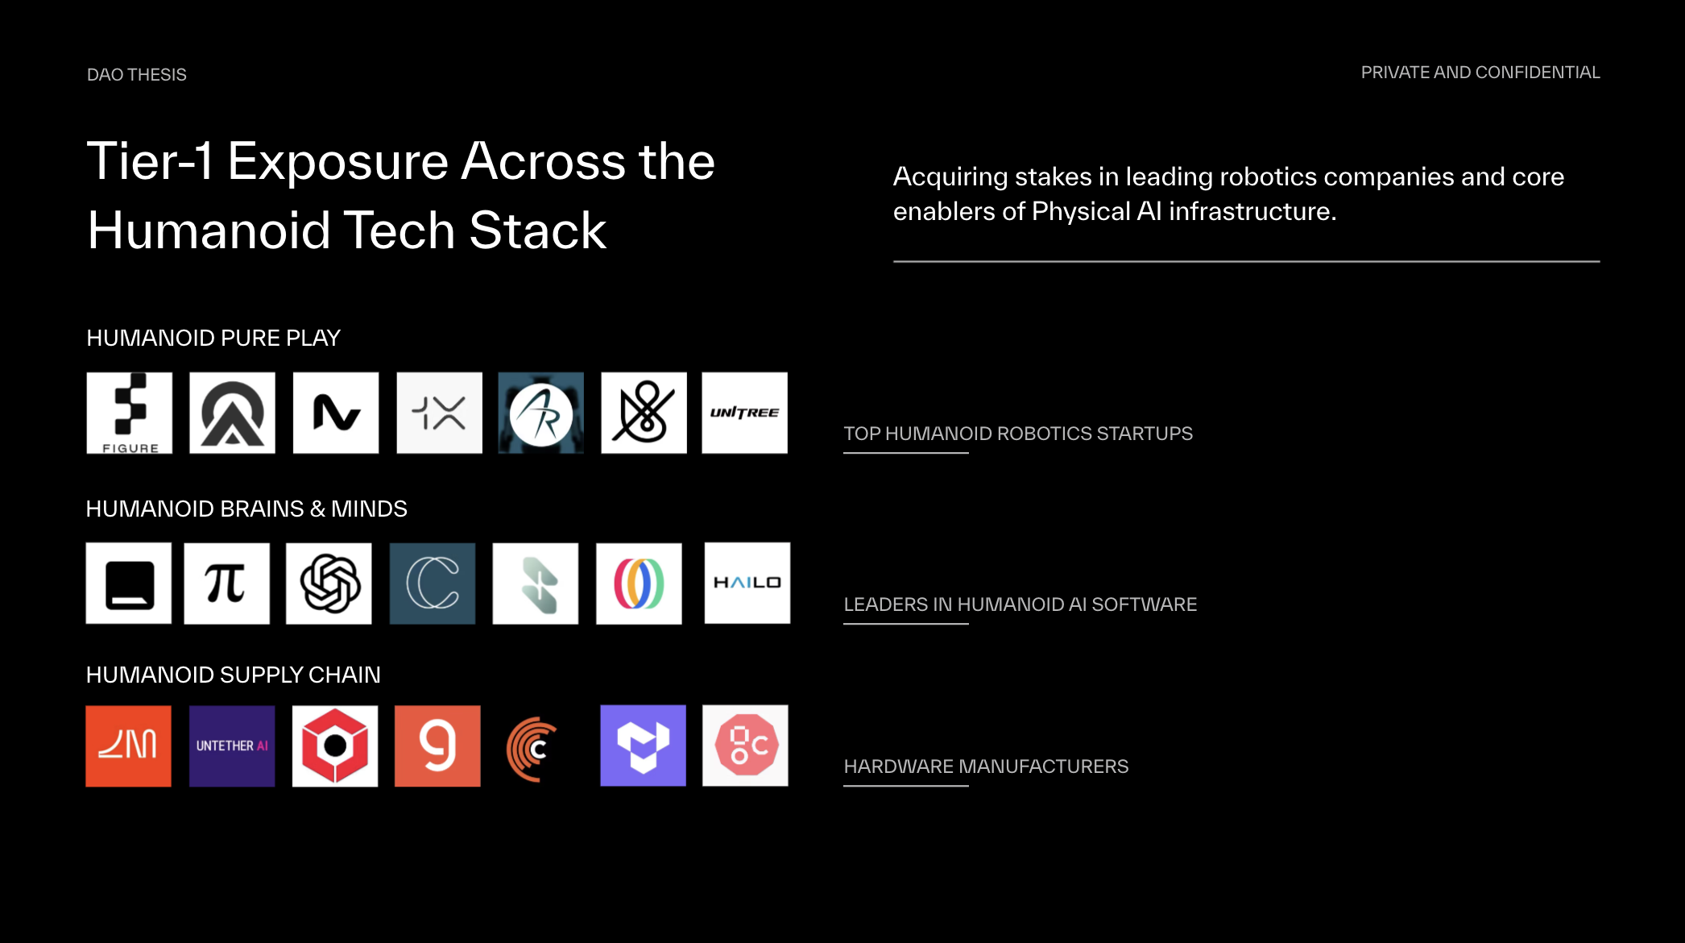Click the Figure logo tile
pyautogui.click(x=130, y=413)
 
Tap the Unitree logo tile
pyautogui.click(x=744, y=413)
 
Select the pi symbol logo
pyautogui.click(x=226, y=583)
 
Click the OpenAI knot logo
pyautogui.click(x=329, y=583)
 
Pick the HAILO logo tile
pyautogui.click(x=747, y=583)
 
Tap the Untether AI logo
pyautogui.click(x=232, y=746)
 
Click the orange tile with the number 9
pyautogui.click(x=437, y=746)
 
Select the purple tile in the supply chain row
pyautogui.click(x=643, y=746)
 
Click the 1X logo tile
pyautogui.click(x=439, y=413)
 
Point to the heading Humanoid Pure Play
pyautogui.click(x=213, y=338)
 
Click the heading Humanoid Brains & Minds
pyautogui.click(x=246, y=509)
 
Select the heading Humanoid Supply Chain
pyautogui.click(x=233, y=675)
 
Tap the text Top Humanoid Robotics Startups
pyautogui.click(x=1018, y=434)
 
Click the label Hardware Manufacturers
pyautogui.click(x=986, y=766)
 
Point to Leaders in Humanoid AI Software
pyautogui.click(x=1020, y=604)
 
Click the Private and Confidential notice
pyautogui.click(x=1480, y=73)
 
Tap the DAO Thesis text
pyautogui.click(x=137, y=75)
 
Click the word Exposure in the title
pyautogui.click(x=337, y=161)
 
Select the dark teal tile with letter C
pyautogui.click(x=433, y=583)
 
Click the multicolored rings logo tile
pyautogui.click(x=639, y=583)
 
